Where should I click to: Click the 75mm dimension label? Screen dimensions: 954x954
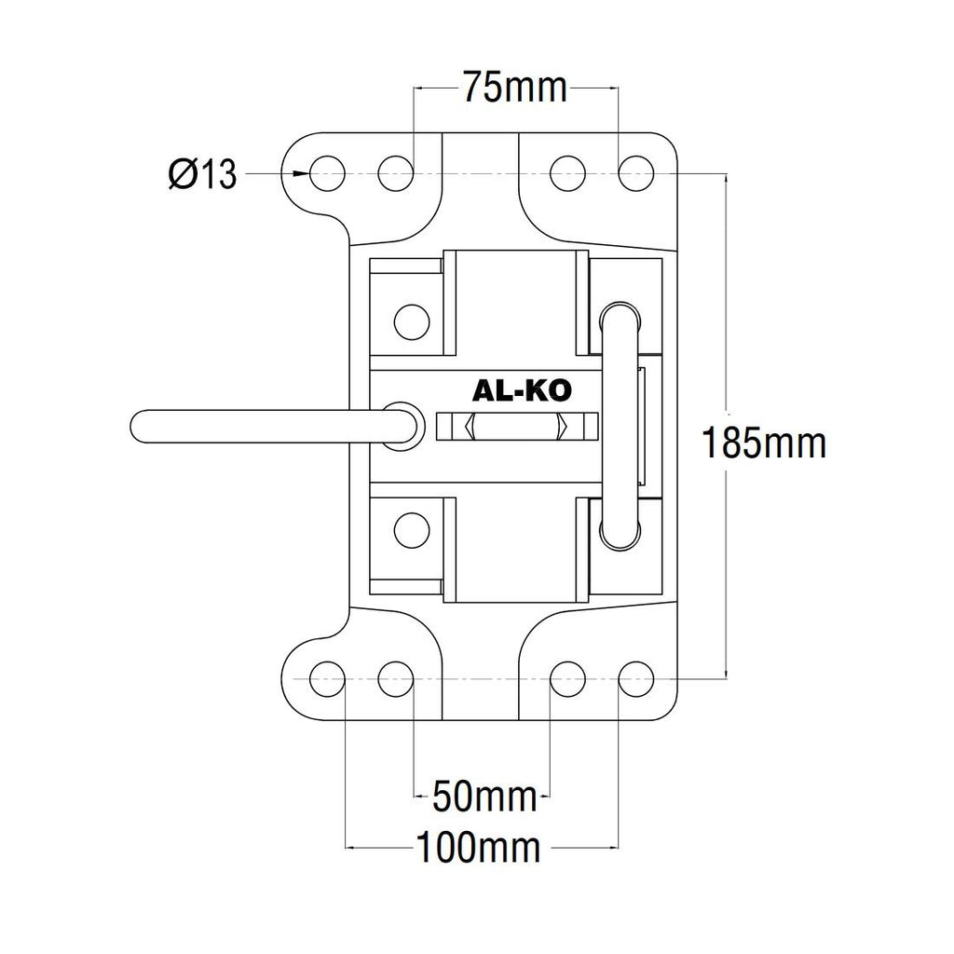tap(515, 89)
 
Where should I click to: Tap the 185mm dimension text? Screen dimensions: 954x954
tap(764, 443)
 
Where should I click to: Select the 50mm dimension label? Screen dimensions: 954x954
tap(485, 797)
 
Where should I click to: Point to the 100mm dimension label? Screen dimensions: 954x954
tap(479, 849)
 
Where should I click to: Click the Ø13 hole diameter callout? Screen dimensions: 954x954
tap(202, 174)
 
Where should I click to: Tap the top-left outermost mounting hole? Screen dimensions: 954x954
tap(328, 172)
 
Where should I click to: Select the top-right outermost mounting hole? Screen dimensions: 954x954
tap(637, 172)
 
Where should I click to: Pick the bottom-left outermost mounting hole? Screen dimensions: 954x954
tap(328, 677)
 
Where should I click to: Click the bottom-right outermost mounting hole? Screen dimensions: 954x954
tap(637, 677)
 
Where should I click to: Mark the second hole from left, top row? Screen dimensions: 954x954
tap(395, 172)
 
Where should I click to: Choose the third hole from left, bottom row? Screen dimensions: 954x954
tap(568, 677)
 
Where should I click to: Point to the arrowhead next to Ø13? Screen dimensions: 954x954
tap(301, 173)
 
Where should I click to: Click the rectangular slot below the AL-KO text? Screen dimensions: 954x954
tap(515, 428)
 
